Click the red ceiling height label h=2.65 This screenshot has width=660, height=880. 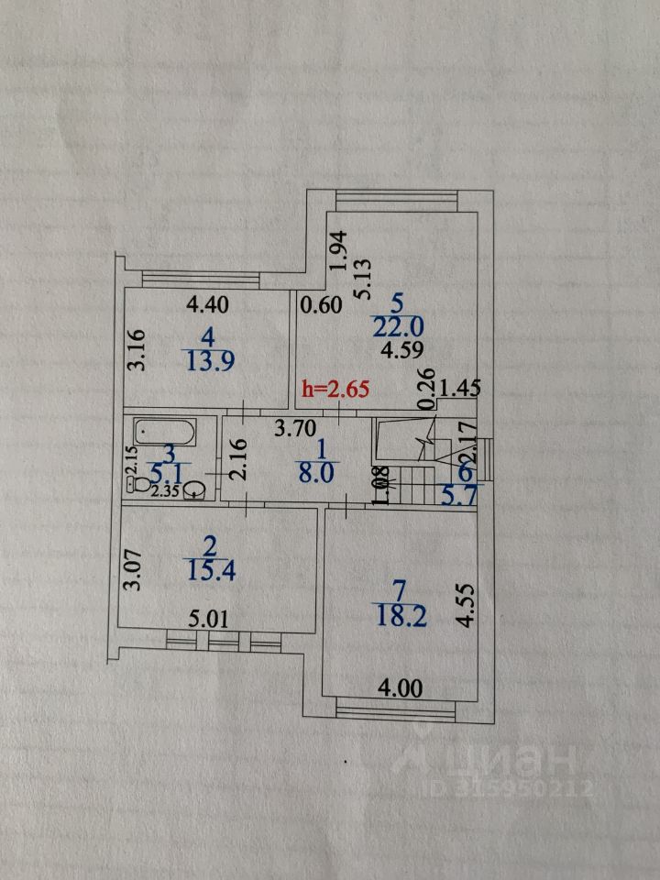pos(335,389)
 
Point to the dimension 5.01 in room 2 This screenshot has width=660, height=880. pos(207,619)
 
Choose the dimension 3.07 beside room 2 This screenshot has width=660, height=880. pos(133,568)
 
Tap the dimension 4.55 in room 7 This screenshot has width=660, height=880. pos(465,606)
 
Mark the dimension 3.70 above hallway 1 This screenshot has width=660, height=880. pos(296,426)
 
